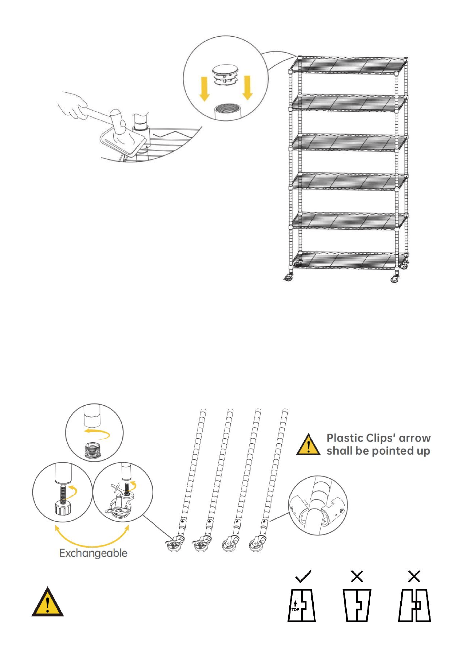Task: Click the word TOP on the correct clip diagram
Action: pos(295,609)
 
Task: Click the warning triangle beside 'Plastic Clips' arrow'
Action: pos(308,445)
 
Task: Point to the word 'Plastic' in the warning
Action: pos(344,438)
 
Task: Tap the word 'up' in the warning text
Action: pos(423,452)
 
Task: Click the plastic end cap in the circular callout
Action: pos(226,76)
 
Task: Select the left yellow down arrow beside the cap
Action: pos(204,88)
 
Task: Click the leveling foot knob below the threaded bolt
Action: pos(62,509)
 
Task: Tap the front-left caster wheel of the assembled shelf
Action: pos(289,277)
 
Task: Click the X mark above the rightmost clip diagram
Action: pos(414,576)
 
